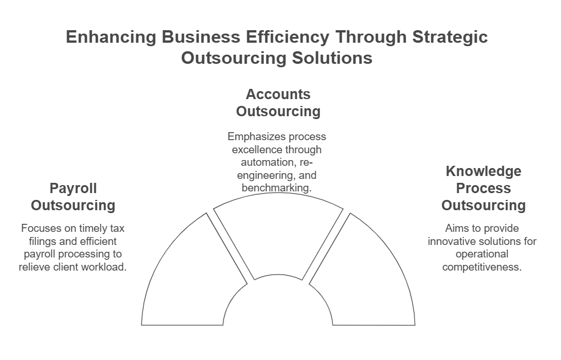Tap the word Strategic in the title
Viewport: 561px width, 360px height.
(450, 37)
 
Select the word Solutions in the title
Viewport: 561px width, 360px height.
(332, 58)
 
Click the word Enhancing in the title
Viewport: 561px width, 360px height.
(111, 37)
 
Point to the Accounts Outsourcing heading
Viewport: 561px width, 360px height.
(278, 103)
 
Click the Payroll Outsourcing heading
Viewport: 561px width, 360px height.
(73, 197)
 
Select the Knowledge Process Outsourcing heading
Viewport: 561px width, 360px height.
(483, 189)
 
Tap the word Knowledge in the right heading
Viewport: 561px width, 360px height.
(483, 171)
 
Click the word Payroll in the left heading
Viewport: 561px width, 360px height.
(73, 189)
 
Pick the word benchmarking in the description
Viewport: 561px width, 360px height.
(276, 188)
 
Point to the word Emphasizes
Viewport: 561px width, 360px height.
(255, 137)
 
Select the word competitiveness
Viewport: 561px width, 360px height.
(482, 267)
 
